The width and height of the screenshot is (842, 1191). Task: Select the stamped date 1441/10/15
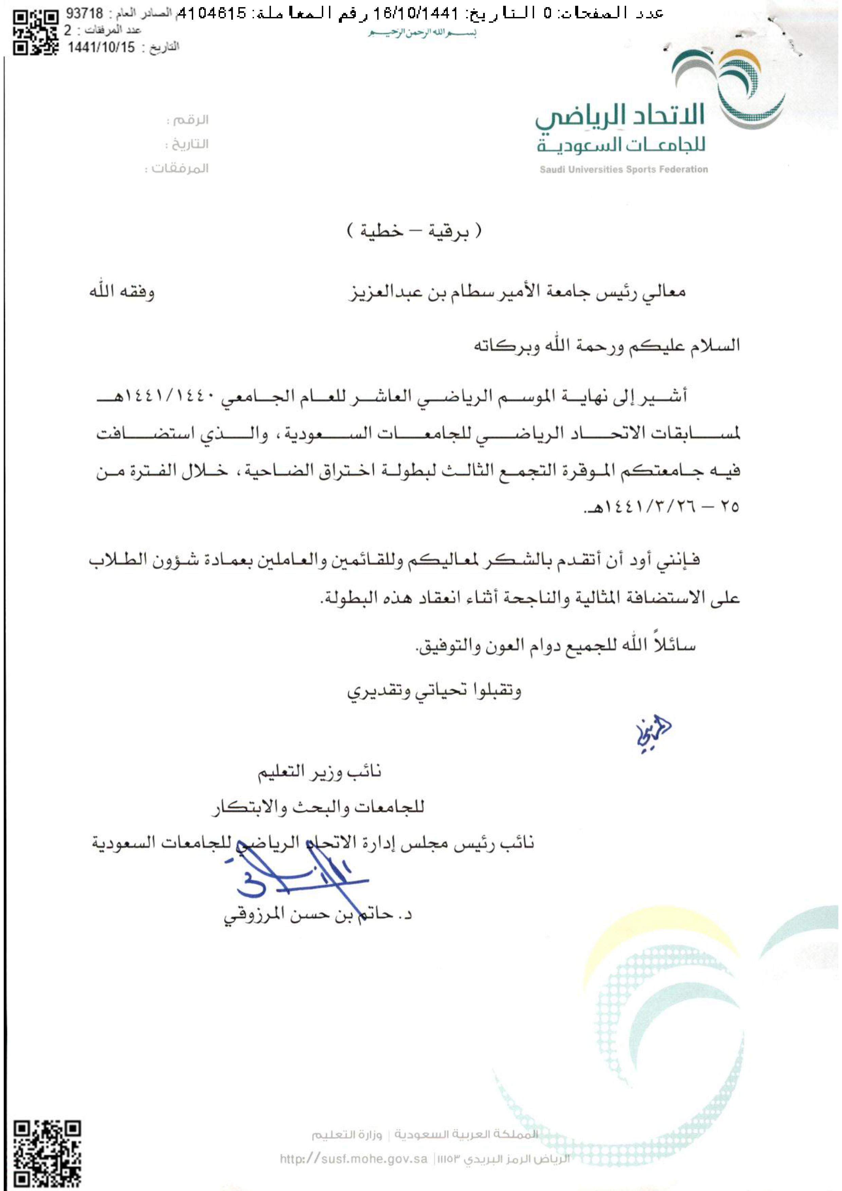coord(101,48)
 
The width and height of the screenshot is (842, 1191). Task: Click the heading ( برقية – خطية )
coord(414,231)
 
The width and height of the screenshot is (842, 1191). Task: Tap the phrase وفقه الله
coord(122,292)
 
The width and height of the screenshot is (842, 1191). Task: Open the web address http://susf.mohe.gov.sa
coord(353,1159)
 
